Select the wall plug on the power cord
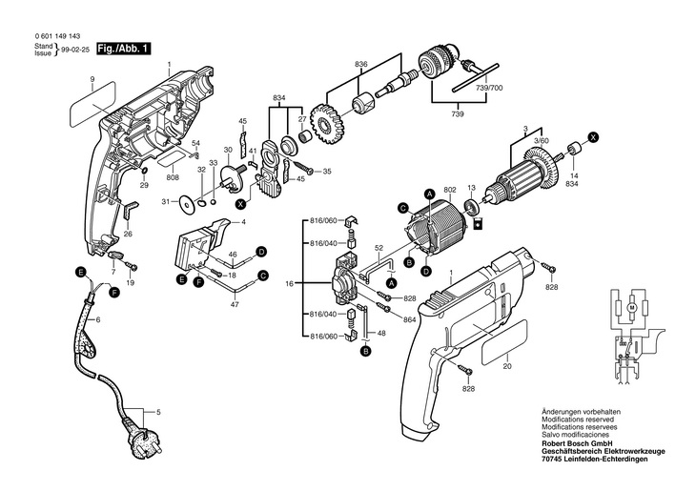coord(142,440)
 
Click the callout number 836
coord(361,65)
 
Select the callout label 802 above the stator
coord(450,190)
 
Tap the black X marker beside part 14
coord(593,137)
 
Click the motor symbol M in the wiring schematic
coord(632,307)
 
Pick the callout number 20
coord(507,366)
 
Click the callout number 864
coord(410,319)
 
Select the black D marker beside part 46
coord(262,252)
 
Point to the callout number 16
coord(290,283)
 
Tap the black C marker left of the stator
coord(403,208)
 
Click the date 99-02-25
coord(75,51)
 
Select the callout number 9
coord(92,79)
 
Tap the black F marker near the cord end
coord(114,292)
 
